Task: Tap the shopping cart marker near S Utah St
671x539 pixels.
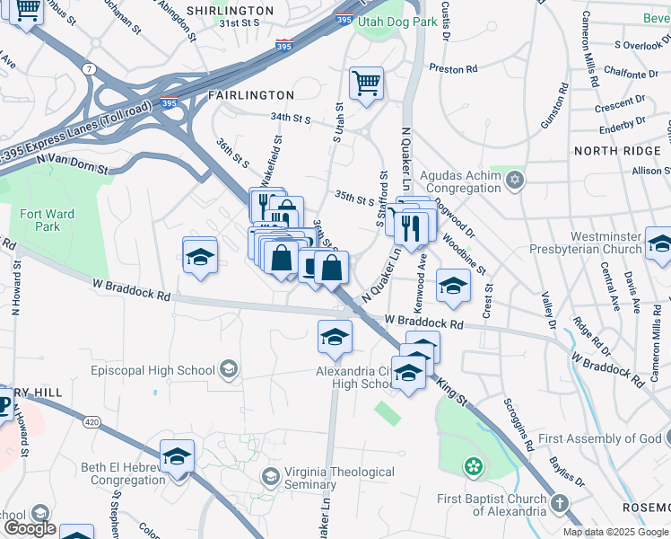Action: (366, 85)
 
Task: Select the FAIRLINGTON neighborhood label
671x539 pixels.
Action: (251, 94)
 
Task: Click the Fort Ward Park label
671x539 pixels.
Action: (48, 221)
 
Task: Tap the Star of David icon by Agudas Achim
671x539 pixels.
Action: (514, 181)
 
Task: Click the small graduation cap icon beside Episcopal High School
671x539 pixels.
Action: (229, 369)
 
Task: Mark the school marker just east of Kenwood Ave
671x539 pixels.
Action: (454, 286)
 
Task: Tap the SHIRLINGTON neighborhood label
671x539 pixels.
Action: (230, 11)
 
